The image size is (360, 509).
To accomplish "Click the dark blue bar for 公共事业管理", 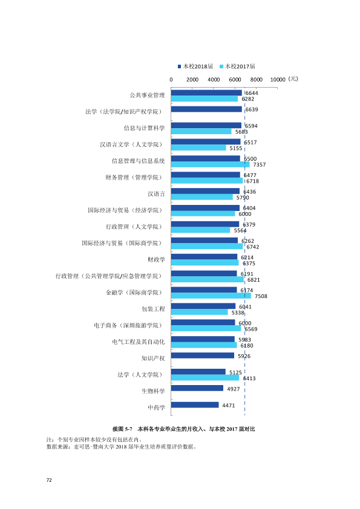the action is tap(206, 93).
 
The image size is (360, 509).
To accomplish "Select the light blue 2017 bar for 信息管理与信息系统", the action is tap(210, 164).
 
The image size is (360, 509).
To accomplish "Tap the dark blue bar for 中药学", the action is tap(195, 405).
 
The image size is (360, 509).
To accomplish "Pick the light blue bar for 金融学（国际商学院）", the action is tap(211, 296).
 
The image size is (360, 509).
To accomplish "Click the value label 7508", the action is tap(261, 296).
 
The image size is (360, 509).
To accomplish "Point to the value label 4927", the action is tap(234, 389).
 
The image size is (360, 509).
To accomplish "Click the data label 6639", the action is tap(252, 110).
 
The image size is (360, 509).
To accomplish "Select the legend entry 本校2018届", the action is tap(195, 66).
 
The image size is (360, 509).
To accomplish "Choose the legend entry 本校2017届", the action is tap(238, 66).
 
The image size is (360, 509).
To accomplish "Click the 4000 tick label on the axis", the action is tap(214, 80).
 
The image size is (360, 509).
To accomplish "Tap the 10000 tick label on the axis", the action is tap(278, 80).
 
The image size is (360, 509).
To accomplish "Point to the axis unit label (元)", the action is tap(293, 79).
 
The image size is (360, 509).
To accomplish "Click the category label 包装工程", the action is tap(153, 309).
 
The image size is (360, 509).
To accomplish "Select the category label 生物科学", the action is tap(153, 391).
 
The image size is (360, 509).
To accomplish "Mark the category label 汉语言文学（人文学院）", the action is tap(131, 144).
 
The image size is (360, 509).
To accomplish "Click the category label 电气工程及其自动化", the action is tap(139, 342).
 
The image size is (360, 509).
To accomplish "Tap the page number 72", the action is tap(49, 480).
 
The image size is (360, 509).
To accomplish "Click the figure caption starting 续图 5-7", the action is tap(184, 429).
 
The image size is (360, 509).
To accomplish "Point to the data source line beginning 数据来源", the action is tap(122, 447).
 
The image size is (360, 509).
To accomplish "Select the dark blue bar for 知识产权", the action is tap(203, 355).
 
